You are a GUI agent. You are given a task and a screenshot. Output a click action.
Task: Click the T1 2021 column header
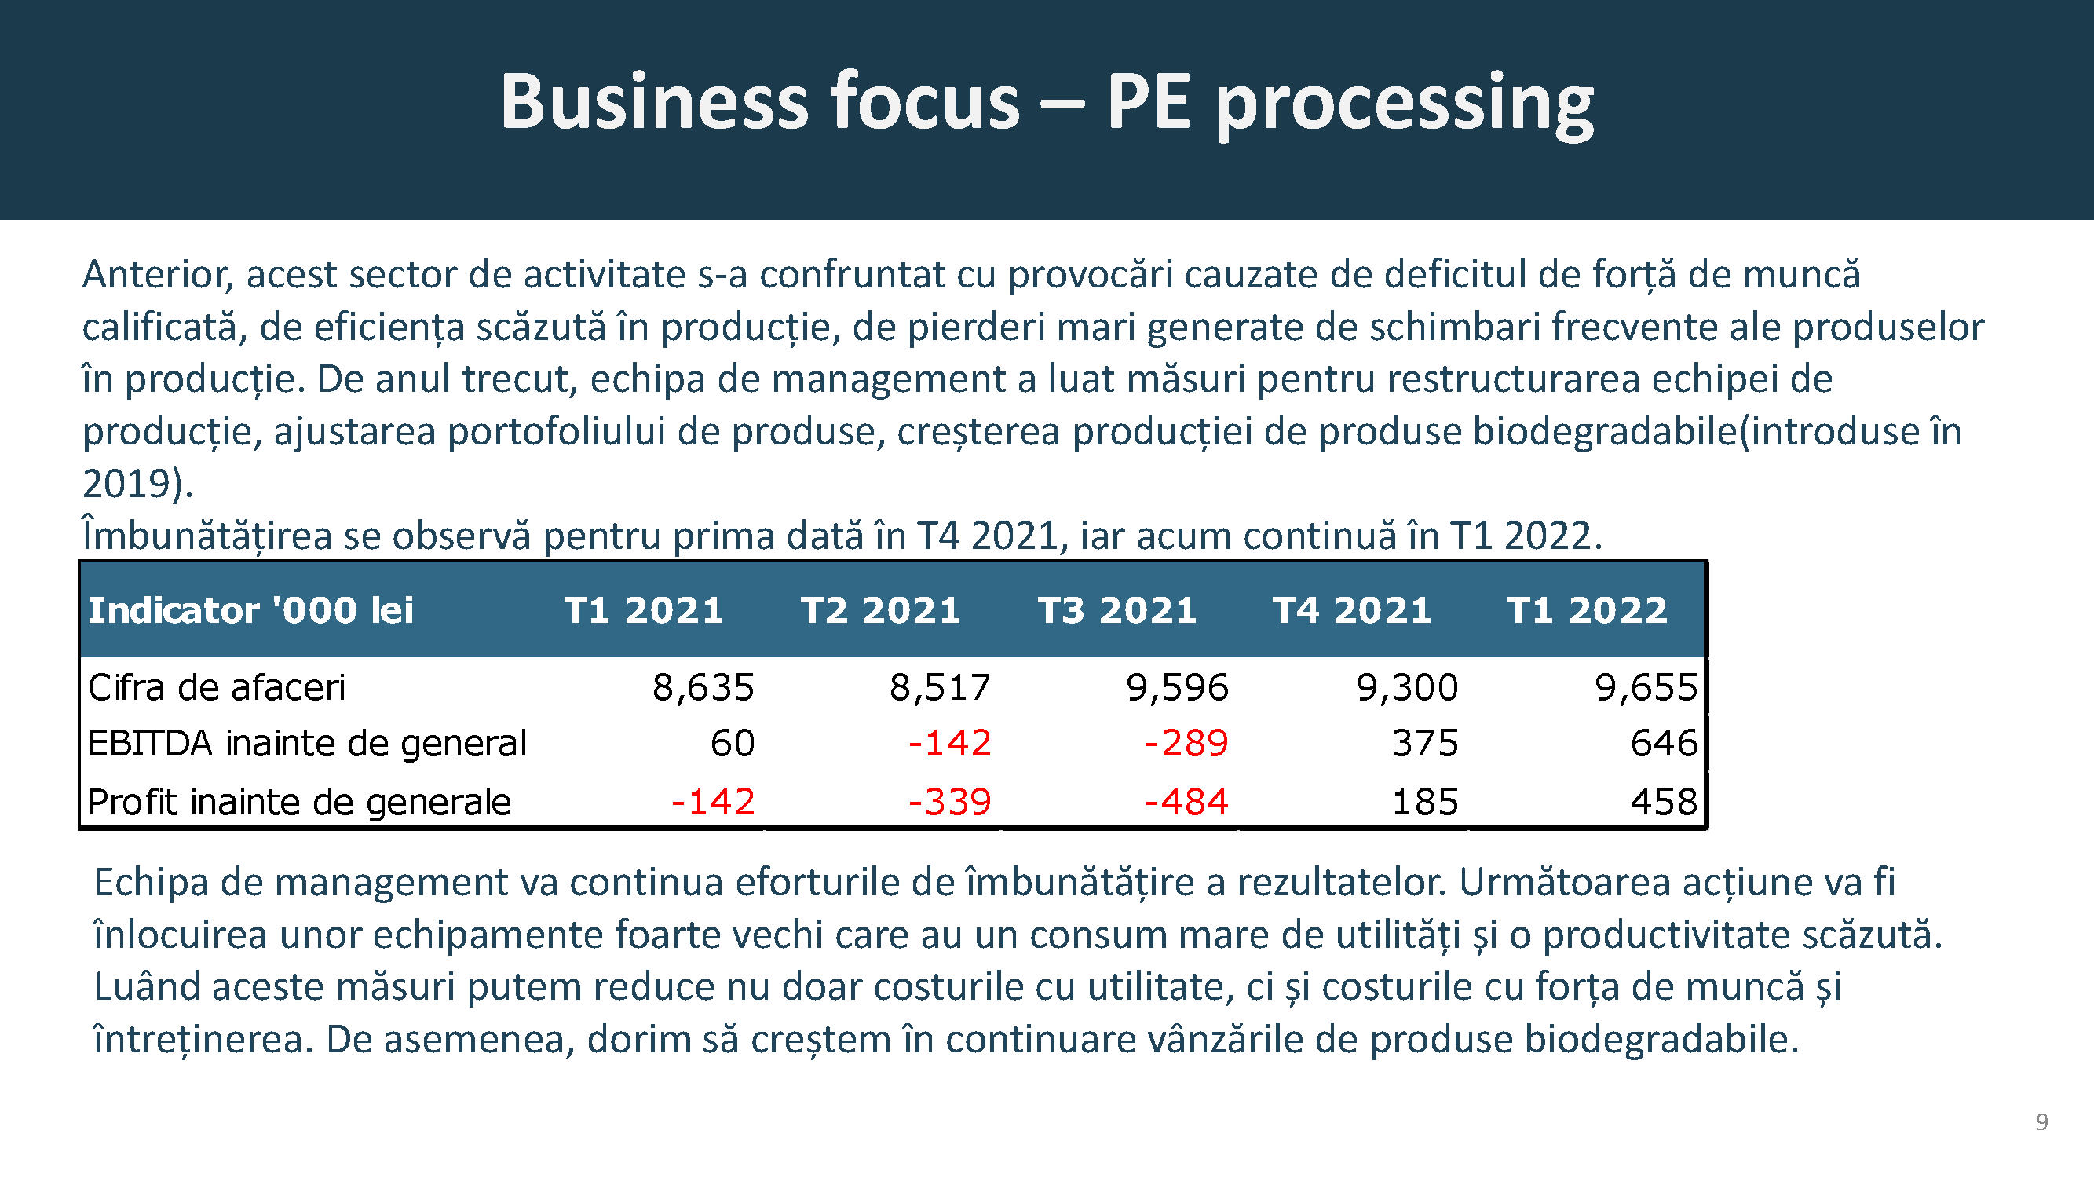point(644,609)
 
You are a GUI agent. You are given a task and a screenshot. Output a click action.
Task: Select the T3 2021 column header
point(1117,609)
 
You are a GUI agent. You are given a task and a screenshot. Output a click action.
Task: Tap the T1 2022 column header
point(1587,609)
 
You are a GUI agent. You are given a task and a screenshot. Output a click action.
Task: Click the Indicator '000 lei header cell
point(250,609)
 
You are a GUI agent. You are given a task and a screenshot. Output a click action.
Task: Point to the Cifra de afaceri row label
point(216,688)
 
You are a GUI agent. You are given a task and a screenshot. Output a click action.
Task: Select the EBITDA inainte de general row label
point(307,743)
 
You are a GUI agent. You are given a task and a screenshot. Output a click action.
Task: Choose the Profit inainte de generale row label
point(299,802)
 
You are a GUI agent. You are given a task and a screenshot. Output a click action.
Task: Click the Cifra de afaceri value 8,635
point(703,688)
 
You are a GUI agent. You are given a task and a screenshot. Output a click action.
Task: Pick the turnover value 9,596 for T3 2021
point(1177,688)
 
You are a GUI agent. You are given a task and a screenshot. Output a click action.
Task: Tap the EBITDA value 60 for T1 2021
point(733,743)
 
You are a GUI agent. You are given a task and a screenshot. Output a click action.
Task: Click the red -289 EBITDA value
point(1186,743)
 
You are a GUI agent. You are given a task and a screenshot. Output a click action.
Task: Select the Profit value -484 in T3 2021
point(1186,802)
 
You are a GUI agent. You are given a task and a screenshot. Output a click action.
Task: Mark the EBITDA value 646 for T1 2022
point(1664,743)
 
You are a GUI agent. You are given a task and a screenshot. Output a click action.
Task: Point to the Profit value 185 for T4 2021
point(1425,802)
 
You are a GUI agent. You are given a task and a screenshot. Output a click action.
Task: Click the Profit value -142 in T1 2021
point(713,802)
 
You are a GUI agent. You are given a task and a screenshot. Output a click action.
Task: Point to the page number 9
point(2041,1122)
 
